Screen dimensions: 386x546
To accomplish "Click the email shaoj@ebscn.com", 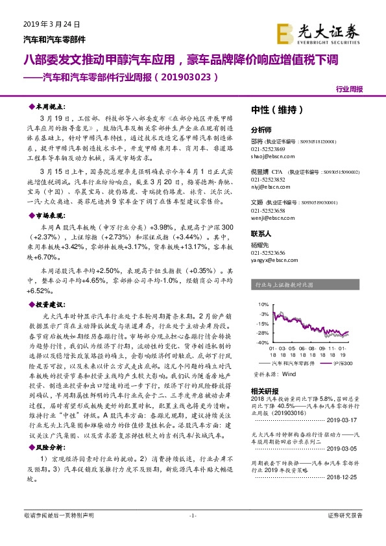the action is [x=268, y=154].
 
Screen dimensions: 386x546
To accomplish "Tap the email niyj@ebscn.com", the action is [x=266, y=185].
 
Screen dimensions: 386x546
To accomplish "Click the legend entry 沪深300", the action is [x=343, y=364].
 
